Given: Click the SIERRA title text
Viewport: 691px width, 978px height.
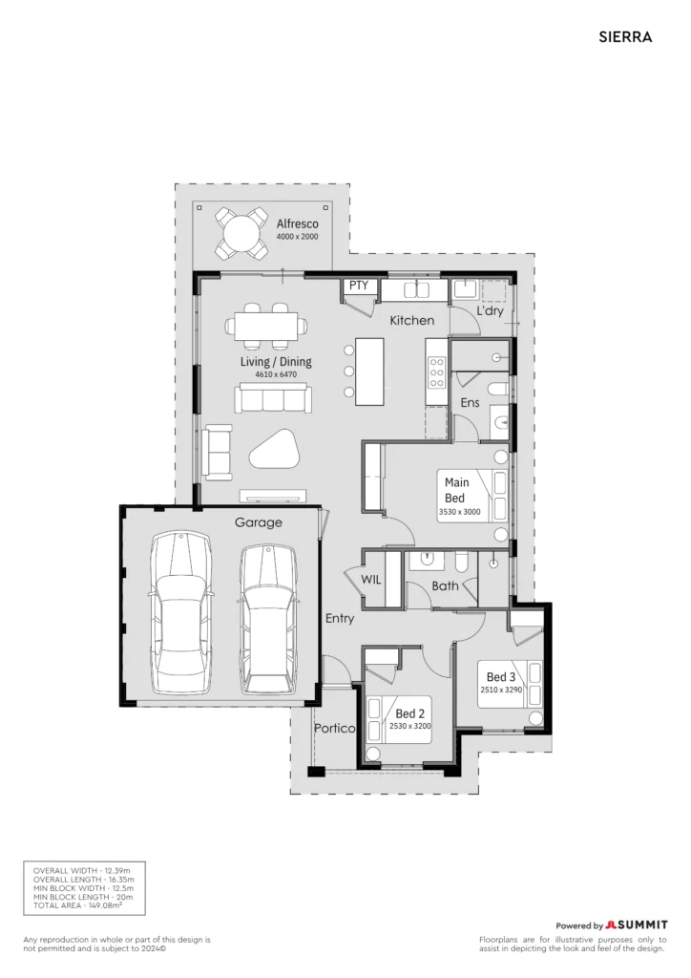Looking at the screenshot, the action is pos(625,37).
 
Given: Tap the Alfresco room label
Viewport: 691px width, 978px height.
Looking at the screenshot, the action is pos(297,223).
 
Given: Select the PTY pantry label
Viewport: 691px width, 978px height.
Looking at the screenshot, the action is pos(358,286).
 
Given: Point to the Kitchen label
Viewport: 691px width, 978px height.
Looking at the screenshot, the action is pos(412,320).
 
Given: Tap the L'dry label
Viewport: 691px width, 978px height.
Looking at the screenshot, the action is pos(490,310).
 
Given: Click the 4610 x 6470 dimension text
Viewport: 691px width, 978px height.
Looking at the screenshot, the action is pos(276,374).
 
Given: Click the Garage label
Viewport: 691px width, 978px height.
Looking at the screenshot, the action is pos(258,522).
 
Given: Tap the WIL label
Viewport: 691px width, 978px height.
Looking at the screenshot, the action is pos(370,580).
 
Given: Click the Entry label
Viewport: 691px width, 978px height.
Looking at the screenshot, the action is pos(340,618).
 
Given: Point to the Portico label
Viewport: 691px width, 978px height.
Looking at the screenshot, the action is pos(335,728).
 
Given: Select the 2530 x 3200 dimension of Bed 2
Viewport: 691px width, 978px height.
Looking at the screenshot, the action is pos(410,726).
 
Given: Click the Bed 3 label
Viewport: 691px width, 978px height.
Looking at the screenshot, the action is pos(501,677).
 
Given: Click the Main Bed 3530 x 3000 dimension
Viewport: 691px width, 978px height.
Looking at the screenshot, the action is pos(460,512).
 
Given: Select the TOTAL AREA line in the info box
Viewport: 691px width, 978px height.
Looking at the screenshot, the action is pos(78,905).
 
